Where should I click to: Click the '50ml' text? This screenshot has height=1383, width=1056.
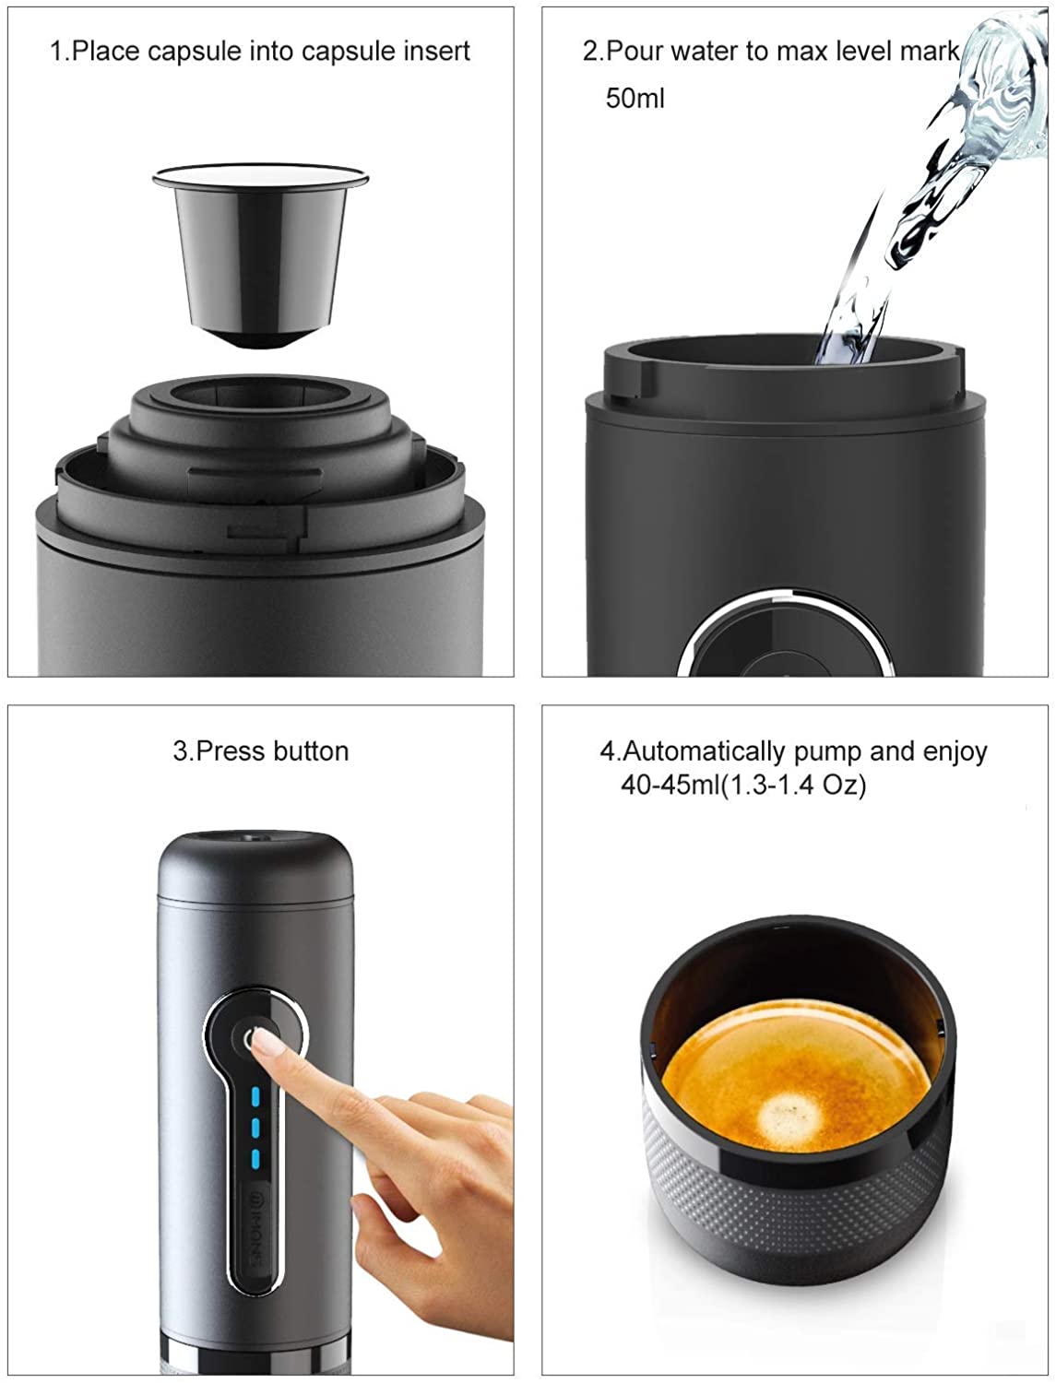pyautogui.click(x=635, y=98)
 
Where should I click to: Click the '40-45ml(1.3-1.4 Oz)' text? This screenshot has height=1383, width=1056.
pyautogui.click(x=743, y=786)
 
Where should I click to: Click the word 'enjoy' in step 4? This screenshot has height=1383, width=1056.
pyautogui.click(x=955, y=751)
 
